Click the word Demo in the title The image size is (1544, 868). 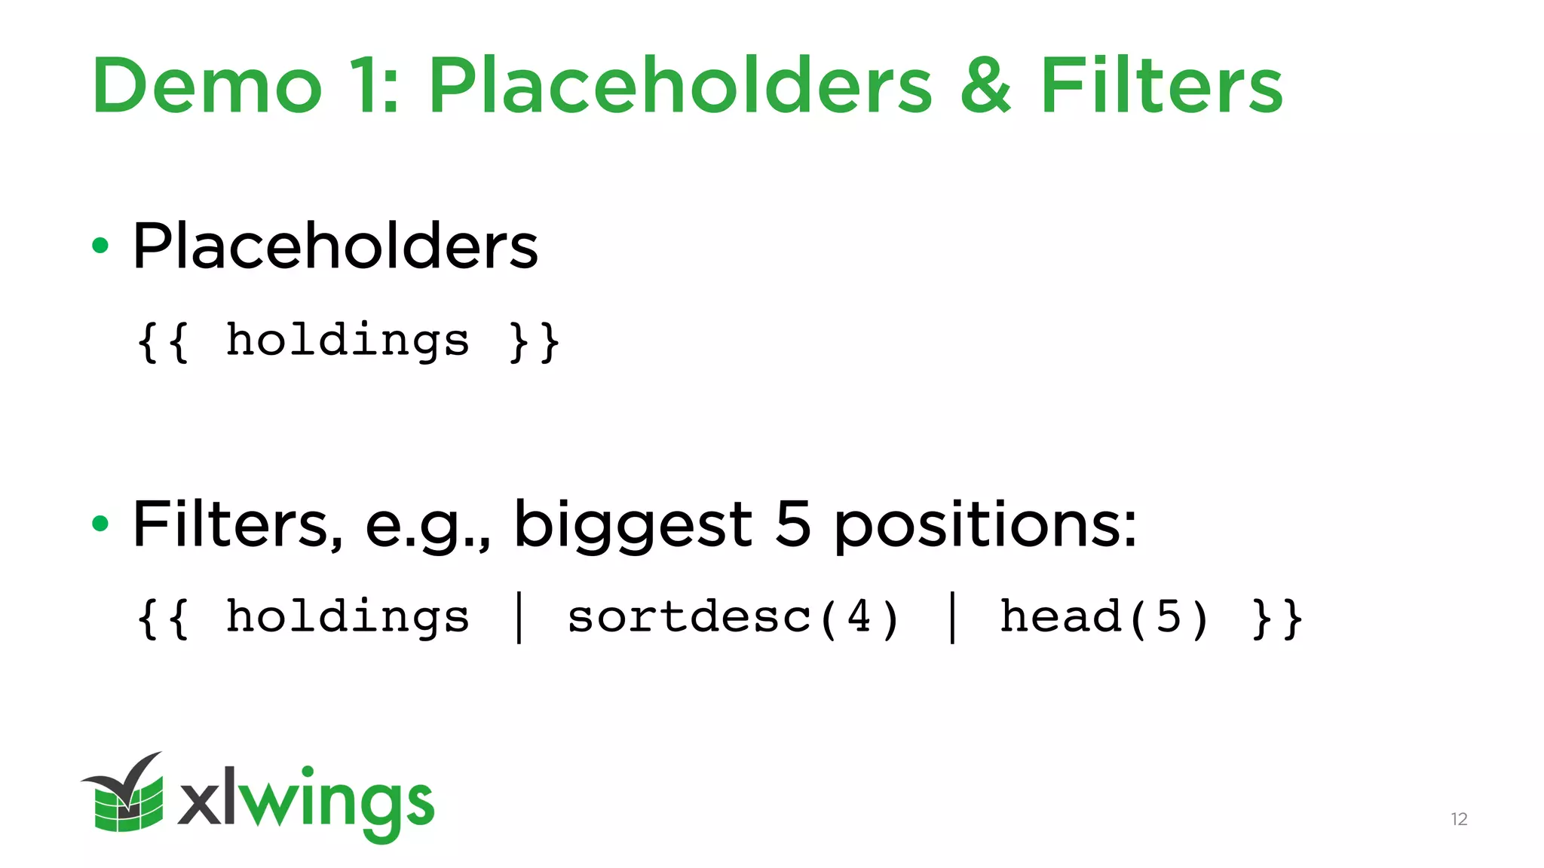tap(207, 86)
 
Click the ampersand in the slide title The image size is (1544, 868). tap(985, 86)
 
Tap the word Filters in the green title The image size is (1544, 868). tap(1161, 86)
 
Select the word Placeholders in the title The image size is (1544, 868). tap(680, 86)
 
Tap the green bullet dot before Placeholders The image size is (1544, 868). tap(100, 246)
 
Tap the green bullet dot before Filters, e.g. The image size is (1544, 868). tap(100, 523)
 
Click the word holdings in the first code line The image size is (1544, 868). tap(348, 341)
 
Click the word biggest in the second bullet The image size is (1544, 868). tap(633, 525)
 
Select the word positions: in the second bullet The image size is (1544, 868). tap(985, 525)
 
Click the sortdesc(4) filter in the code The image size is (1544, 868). tap(733, 618)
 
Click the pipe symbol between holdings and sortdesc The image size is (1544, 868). tap(519, 618)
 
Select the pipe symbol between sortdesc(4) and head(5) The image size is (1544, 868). tap(952, 618)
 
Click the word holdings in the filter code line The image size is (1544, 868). tap(348, 618)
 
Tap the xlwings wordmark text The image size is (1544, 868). tap(306, 803)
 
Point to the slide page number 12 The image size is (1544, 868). tap(1459, 819)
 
